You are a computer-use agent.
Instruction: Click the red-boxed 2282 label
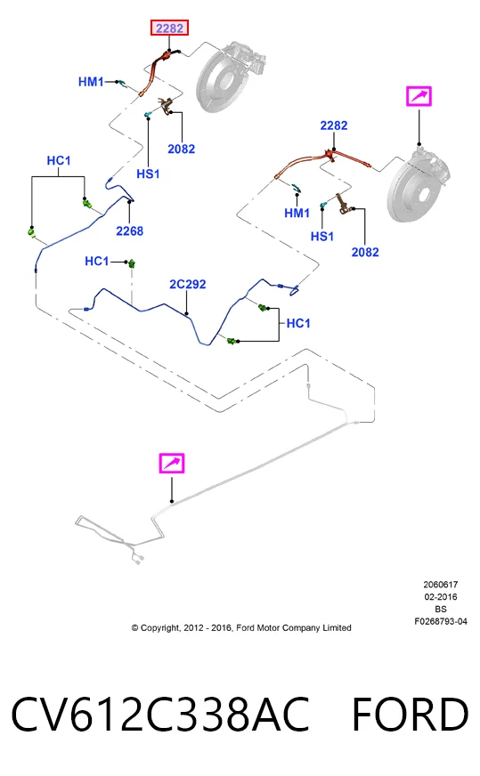pyautogui.click(x=169, y=28)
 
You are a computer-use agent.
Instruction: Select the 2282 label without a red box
pyautogui.click(x=333, y=125)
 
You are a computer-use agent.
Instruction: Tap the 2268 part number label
pyautogui.click(x=129, y=231)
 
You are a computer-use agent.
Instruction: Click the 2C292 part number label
pyautogui.click(x=187, y=284)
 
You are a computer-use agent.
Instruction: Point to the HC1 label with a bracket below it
pyautogui.click(x=59, y=161)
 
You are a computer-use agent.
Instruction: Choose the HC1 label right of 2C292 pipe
pyautogui.click(x=298, y=324)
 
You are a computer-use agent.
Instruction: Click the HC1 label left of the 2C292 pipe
pyautogui.click(x=96, y=262)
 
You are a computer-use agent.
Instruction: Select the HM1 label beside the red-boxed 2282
pyautogui.click(x=91, y=82)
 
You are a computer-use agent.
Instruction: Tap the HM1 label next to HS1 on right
pyautogui.click(x=297, y=214)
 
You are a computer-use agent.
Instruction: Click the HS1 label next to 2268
pyautogui.click(x=148, y=174)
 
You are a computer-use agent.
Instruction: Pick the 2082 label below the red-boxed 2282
pyautogui.click(x=182, y=149)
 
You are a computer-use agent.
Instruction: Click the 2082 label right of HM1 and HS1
pyautogui.click(x=365, y=253)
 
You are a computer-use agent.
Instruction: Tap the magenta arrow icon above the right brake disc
pyautogui.click(x=419, y=96)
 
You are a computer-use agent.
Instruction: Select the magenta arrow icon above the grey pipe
pyautogui.click(x=172, y=464)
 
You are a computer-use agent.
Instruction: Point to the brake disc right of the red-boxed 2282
pyautogui.click(x=231, y=77)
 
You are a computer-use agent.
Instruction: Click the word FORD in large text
pyautogui.click(x=411, y=715)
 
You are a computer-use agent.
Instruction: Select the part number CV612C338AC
pyautogui.click(x=160, y=715)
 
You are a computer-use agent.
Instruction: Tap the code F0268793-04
pyautogui.click(x=441, y=621)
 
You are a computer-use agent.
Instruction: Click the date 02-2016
pyautogui.click(x=441, y=597)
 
